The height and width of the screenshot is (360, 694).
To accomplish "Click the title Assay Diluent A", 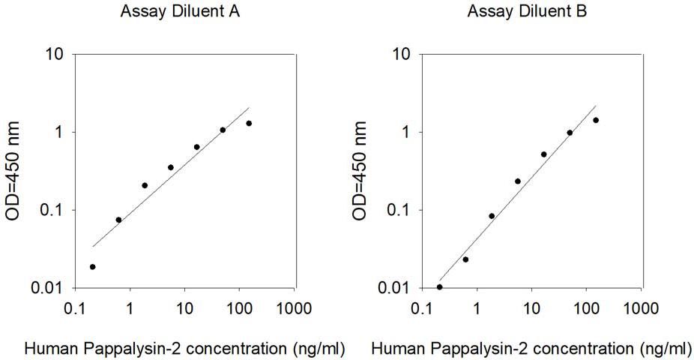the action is click(x=180, y=11).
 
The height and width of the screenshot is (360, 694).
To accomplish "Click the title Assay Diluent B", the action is click(x=527, y=11).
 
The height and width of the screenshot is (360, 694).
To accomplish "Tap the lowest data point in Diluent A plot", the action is click(x=92, y=266).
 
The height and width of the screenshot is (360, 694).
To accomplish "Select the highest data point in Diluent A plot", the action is click(x=249, y=123).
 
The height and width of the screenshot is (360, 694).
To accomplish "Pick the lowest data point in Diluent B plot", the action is click(x=439, y=287).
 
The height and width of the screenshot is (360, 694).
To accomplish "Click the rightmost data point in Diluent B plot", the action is click(x=596, y=120).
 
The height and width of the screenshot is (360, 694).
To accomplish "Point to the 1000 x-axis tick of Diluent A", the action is click(x=294, y=307).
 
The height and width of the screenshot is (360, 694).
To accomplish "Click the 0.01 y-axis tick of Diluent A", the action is click(x=47, y=288).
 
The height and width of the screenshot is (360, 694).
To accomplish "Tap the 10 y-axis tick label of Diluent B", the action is click(x=402, y=54).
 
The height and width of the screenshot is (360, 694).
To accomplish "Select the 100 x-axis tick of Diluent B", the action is click(x=586, y=307).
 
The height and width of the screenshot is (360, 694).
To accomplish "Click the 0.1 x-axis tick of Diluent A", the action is click(x=75, y=307).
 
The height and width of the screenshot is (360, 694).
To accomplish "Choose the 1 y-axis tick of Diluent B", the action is click(x=407, y=132).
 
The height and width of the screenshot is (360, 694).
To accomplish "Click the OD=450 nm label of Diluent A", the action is click(x=13, y=171).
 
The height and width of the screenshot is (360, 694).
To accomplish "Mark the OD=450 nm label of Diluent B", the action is click(x=360, y=171).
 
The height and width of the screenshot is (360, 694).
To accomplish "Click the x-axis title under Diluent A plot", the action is click(x=184, y=349).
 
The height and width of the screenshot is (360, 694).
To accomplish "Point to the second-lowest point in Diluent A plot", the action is click(x=118, y=220).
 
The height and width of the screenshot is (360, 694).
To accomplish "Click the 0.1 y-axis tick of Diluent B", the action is click(x=399, y=210).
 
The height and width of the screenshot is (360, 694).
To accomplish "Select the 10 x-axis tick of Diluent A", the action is click(x=184, y=307).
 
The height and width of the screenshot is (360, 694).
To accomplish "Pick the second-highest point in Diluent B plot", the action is click(x=570, y=133).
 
